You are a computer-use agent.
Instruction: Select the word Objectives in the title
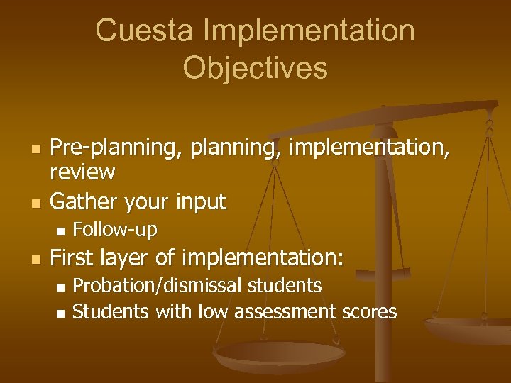[255, 68]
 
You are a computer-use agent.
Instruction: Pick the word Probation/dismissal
[156, 286]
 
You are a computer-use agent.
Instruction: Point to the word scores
[369, 311]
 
